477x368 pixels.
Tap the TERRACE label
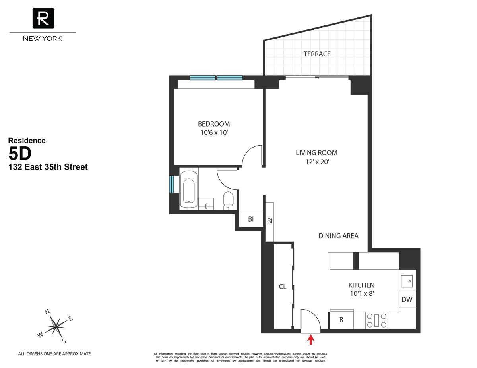[317, 54]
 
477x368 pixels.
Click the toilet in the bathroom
[228, 200]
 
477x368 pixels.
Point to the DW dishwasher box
[407, 300]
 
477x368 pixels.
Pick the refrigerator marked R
[341, 320]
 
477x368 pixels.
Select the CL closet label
[283, 287]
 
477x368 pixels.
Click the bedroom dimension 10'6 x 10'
[214, 133]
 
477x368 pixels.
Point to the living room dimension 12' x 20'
[316, 162]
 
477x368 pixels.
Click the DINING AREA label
[338, 236]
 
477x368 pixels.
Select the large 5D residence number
[21, 153]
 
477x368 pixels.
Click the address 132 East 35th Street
[48, 167]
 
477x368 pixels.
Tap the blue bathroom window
[172, 184]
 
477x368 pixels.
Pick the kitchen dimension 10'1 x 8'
[361, 294]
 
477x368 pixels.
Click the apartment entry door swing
[310, 320]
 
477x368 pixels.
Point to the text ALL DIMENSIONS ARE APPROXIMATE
[55, 353]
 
